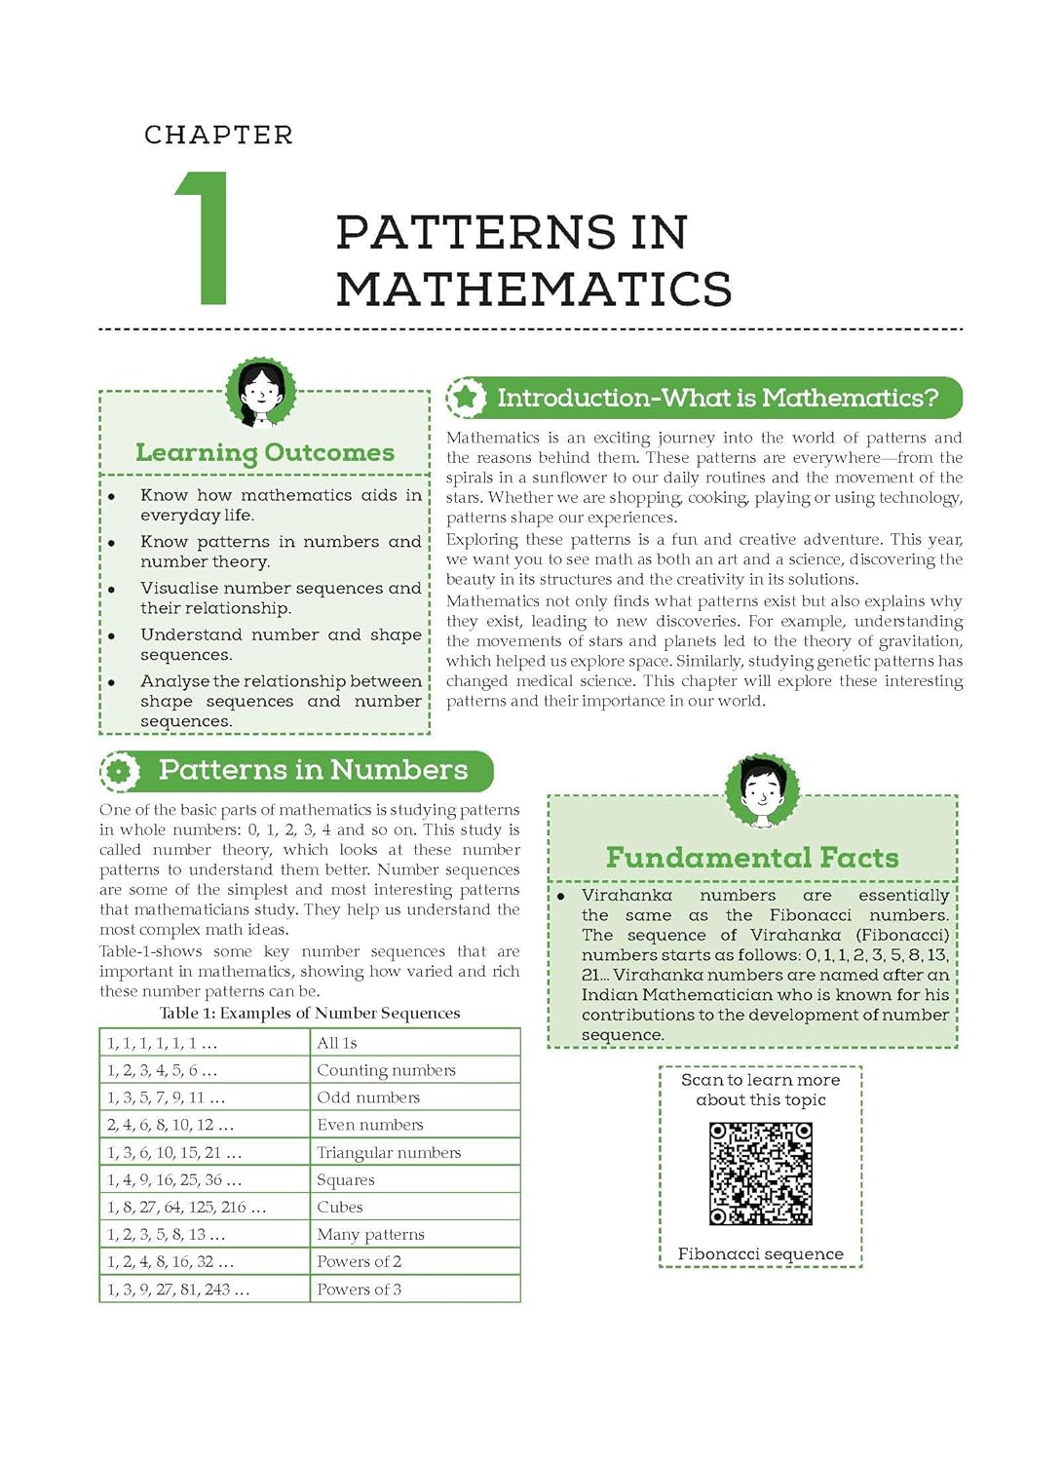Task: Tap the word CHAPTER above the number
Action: tap(218, 135)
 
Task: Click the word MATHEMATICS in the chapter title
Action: tap(533, 289)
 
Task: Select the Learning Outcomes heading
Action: tap(265, 452)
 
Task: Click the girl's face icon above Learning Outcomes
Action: tap(261, 393)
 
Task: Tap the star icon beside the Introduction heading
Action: tap(467, 398)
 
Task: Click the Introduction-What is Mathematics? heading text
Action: tap(717, 398)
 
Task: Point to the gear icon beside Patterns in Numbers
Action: tap(120, 771)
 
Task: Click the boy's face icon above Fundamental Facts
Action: tap(762, 789)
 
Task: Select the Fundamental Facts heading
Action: tap(752, 858)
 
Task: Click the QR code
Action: tap(761, 1173)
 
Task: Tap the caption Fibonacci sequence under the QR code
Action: tap(761, 1254)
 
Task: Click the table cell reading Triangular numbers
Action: tap(389, 1152)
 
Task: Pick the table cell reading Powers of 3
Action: tap(359, 1289)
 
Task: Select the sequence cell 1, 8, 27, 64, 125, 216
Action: tap(186, 1208)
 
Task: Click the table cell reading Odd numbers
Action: tap(368, 1097)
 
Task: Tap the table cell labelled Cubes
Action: tap(340, 1207)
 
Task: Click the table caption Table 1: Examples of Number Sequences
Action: tap(310, 1014)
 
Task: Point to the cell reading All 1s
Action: tap(337, 1043)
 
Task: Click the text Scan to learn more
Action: tap(760, 1080)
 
